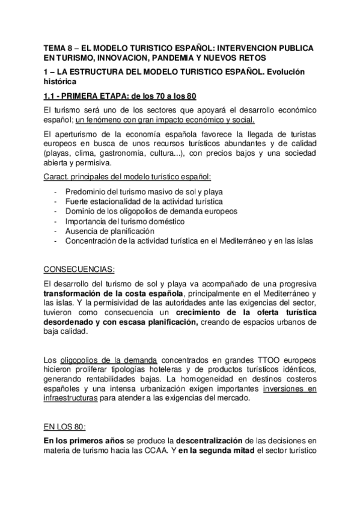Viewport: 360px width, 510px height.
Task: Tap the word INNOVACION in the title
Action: click(x=142, y=57)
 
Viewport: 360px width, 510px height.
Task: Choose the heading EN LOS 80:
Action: click(x=66, y=426)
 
